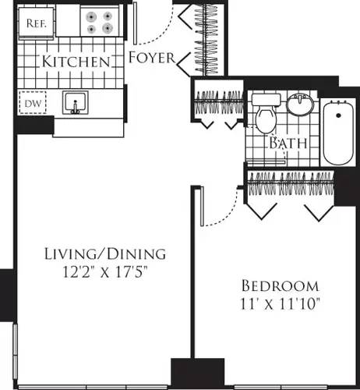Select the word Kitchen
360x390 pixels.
tap(75, 61)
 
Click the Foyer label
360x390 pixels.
tap(150, 58)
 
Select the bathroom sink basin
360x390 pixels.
tap(299, 105)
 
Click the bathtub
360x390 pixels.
tap(338, 130)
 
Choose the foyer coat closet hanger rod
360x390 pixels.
tap(209, 39)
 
